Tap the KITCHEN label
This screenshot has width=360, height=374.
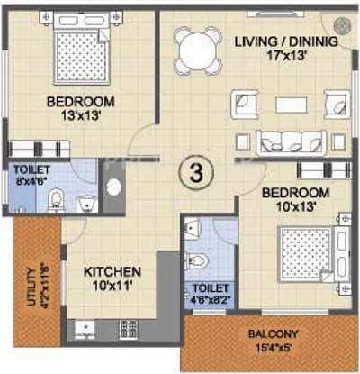click(x=112, y=272)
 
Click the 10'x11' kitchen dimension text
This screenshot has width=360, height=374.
click(x=112, y=287)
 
